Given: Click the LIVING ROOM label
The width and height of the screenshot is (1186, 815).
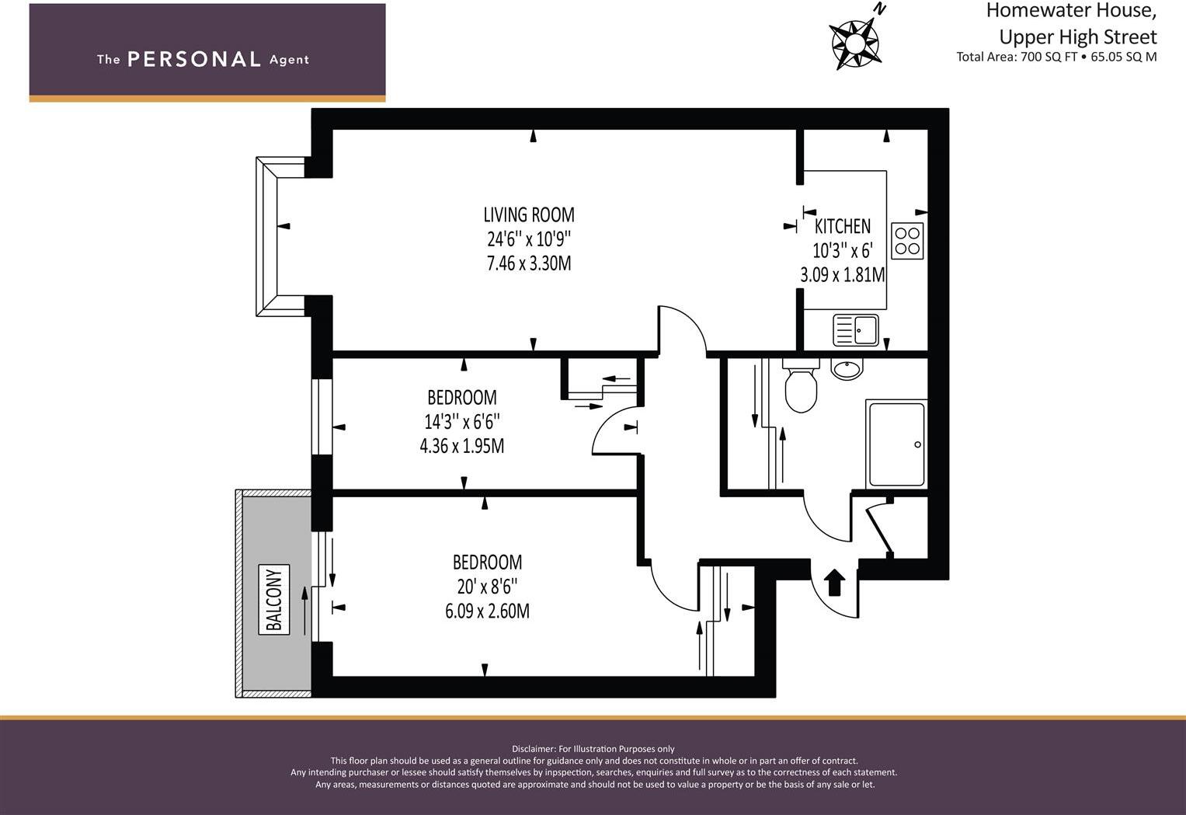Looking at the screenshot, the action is [529, 214].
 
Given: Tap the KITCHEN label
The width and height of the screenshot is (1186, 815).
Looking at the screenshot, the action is [843, 226].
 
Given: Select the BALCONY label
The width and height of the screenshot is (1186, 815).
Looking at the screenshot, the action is [273, 600].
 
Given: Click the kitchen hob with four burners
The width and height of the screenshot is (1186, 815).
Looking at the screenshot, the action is [907, 241].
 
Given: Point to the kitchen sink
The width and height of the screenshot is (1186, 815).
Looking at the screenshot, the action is [856, 330].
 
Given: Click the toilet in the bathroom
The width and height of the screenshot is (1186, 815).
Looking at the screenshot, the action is [801, 385].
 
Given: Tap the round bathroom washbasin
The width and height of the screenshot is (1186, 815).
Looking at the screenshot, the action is [847, 368].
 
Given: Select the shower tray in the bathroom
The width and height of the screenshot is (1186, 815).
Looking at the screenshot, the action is [897, 444].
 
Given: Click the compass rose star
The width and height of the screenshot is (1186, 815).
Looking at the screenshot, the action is [854, 44].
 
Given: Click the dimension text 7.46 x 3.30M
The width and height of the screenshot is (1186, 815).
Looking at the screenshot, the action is [529, 263].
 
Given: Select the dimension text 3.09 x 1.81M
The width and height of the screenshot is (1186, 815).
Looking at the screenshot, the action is [843, 275].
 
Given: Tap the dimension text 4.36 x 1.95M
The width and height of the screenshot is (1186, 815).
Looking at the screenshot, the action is [461, 446].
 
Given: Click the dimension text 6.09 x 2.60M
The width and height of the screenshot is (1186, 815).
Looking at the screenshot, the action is [487, 611].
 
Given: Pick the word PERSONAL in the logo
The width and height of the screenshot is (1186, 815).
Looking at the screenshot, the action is [194, 59].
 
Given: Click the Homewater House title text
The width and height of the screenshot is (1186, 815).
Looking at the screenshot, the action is [1071, 11].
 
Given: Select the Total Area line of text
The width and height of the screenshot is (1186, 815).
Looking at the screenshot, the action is [1056, 57].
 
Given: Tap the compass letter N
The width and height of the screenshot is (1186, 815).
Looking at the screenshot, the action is [880, 9].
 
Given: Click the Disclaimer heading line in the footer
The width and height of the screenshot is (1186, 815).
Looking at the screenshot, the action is [593, 749].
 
